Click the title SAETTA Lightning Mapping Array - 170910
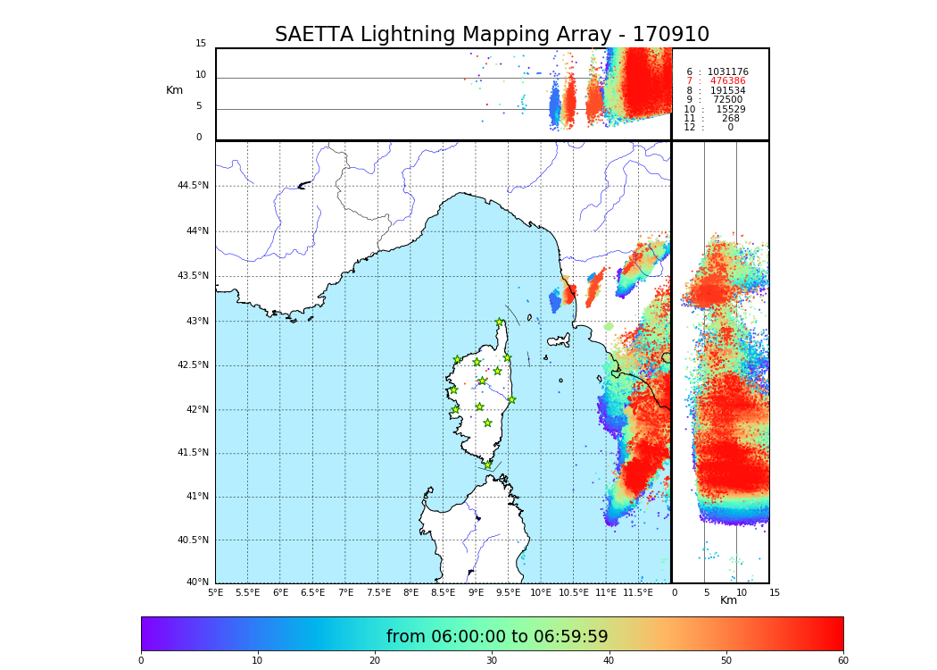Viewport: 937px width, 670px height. tap(492, 35)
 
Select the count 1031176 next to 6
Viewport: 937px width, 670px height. tap(727, 72)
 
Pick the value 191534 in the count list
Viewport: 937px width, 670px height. tap(727, 91)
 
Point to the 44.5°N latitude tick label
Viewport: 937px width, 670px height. tap(193, 186)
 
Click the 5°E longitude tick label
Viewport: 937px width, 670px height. tap(216, 592)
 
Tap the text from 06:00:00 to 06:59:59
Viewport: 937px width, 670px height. tap(497, 637)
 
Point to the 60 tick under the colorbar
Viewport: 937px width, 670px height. tap(842, 660)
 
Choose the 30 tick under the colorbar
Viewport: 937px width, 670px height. tap(492, 660)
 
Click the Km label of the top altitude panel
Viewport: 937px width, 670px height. tap(174, 90)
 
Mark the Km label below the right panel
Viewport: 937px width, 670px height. tap(728, 600)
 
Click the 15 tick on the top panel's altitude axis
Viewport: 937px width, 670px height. tap(201, 44)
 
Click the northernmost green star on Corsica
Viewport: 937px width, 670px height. tap(500, 322)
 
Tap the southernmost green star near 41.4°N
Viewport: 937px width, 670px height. tap(487, 465)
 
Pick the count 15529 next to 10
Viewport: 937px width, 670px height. tap(730, 110)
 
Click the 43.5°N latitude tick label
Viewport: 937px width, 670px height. tap(193, 276)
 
